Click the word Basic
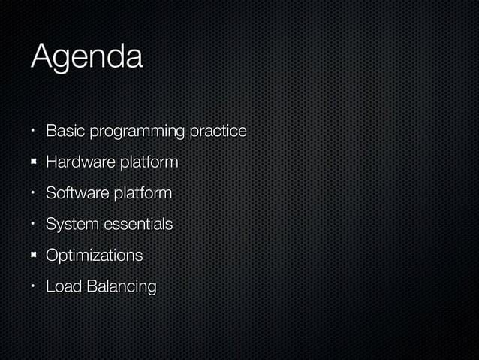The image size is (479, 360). tap(65, 132)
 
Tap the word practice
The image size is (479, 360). tap(218, 132)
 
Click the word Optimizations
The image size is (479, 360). tap(94, 256)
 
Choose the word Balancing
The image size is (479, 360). tap(121, 288)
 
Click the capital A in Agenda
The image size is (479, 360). tap(42, 57)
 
